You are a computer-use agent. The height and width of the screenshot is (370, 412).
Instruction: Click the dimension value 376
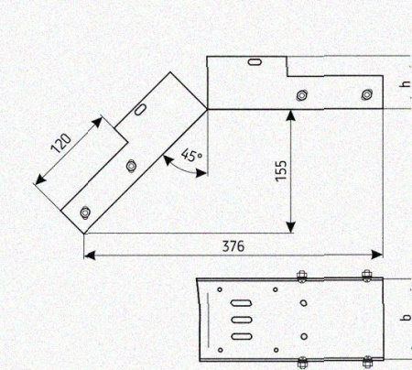(x=233, y=246)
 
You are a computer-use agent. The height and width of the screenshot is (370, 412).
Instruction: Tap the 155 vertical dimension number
(x=281, y=170)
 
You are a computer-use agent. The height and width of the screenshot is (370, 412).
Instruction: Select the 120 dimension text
(x=61, y=143)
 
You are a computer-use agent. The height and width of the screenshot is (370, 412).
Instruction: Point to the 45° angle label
(x=191, y=155)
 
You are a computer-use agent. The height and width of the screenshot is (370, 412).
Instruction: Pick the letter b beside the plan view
(x=407, y=317)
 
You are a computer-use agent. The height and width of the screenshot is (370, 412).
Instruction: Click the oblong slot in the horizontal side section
(x=255, y=62)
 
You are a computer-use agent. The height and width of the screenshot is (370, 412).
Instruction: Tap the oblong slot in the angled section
(x=140, y=110)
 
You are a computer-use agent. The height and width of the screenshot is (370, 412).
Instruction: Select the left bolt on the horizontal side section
(x=302, y=95)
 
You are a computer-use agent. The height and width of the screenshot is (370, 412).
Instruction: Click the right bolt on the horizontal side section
(x=366, y=95)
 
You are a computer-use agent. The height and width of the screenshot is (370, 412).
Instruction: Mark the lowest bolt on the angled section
(x=85, y=212)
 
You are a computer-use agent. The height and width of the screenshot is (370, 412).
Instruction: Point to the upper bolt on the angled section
(x=131, y=166)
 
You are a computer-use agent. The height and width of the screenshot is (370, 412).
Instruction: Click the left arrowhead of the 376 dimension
(x=90, y=255)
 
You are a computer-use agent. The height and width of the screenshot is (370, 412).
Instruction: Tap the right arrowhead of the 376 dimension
(x=377, y=255)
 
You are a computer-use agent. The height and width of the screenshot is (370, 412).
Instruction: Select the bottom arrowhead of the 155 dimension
(x=291, y=227)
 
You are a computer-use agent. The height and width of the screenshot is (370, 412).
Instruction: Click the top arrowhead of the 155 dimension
(x=291, y=114)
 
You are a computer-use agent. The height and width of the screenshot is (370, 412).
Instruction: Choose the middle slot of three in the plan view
(x=242, y=320)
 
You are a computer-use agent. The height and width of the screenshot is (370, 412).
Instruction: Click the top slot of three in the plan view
(x=242, y=303)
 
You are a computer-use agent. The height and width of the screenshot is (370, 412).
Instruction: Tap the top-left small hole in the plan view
(x=220, y=289)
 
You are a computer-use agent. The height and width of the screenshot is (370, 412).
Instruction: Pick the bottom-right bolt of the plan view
(x=367, y=361)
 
